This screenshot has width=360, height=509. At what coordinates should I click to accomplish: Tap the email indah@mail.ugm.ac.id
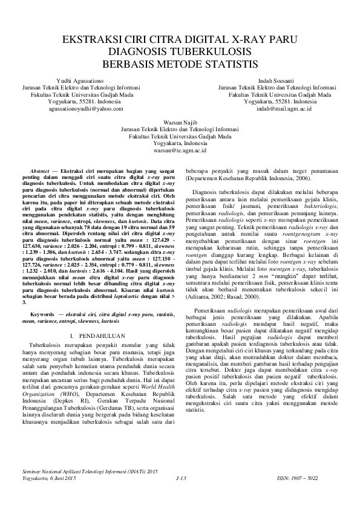click(284, 109)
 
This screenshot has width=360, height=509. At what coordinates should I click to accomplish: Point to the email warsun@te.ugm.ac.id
click(180, 151)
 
